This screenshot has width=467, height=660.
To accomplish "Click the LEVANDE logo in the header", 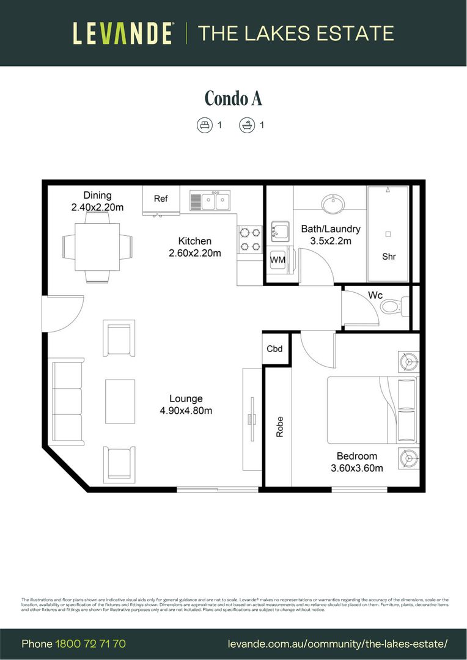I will (x=123, y=33).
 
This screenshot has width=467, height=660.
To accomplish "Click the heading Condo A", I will (x=233, y=98).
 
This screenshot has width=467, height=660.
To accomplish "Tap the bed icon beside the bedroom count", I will (x=204, y=125).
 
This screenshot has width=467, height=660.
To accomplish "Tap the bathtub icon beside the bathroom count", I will (x=247, y=125).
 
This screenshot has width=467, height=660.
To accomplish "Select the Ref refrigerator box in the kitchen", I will (x=161, y=199).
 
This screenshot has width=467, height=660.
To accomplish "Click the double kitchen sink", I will (x=210, y=200).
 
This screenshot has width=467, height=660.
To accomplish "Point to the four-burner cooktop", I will (x=249, y=240).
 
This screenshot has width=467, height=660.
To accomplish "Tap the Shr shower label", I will (x=389, y=257).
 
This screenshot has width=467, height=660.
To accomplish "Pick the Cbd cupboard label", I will (x=275, y=349).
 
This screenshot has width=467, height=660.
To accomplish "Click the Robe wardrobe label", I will (x=280, y=427).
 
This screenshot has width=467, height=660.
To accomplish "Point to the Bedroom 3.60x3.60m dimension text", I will (x=357, y=463).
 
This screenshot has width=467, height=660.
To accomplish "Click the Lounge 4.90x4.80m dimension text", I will (x=186, y=405).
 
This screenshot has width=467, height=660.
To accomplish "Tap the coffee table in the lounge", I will (x=120, y=402).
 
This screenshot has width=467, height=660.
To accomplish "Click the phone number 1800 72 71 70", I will (x=90, y=643).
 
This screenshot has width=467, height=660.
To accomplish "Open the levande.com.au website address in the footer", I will (x=337, y=643).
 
